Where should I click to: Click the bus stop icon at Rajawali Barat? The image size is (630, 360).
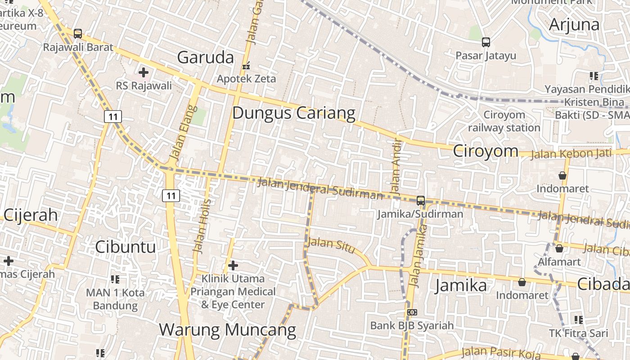point(78,34)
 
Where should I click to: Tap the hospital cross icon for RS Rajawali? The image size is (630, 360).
point(144,72)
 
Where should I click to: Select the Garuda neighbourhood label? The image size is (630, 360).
point(206,58)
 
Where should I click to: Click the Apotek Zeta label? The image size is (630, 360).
point(247,79)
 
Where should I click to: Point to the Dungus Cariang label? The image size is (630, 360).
point(294,113)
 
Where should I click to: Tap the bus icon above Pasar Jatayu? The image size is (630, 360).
point(486,42)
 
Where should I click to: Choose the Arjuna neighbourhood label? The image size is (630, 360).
point(574,24)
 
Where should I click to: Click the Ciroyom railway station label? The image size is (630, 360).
point(504,121)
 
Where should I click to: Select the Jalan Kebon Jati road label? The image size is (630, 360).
point(571,154)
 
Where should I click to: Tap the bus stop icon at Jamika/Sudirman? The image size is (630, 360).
point(421,201)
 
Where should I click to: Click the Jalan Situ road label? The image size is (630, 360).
point(330,245)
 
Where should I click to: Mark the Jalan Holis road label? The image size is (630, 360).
point(201,225)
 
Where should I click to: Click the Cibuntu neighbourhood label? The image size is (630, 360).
point(126,247)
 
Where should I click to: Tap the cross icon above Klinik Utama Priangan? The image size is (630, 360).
point(233,265)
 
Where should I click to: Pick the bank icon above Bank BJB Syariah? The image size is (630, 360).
point(412,312)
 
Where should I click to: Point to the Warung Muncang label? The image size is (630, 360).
point(227,330)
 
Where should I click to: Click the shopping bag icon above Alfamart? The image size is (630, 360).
point(559,248)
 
